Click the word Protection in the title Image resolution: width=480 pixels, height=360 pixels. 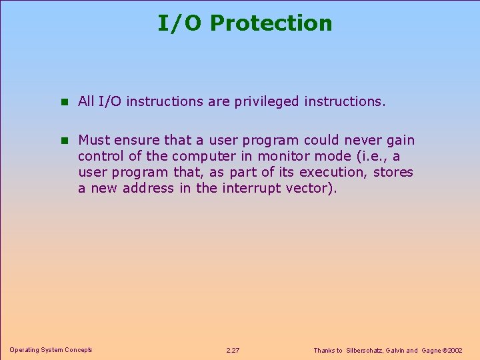click(270, 23)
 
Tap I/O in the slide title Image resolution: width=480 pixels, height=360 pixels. click(180, 23)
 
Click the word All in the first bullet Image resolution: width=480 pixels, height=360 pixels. click(86, 101)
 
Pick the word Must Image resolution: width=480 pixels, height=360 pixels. click(94, 140)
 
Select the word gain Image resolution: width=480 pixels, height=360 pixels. click(400, 141)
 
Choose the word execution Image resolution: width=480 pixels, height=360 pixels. click(335, 173)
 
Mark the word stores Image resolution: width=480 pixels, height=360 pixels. click(393, 172)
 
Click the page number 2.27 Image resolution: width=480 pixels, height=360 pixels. click(233, 350)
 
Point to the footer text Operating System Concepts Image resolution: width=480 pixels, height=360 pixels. click(51, 350)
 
